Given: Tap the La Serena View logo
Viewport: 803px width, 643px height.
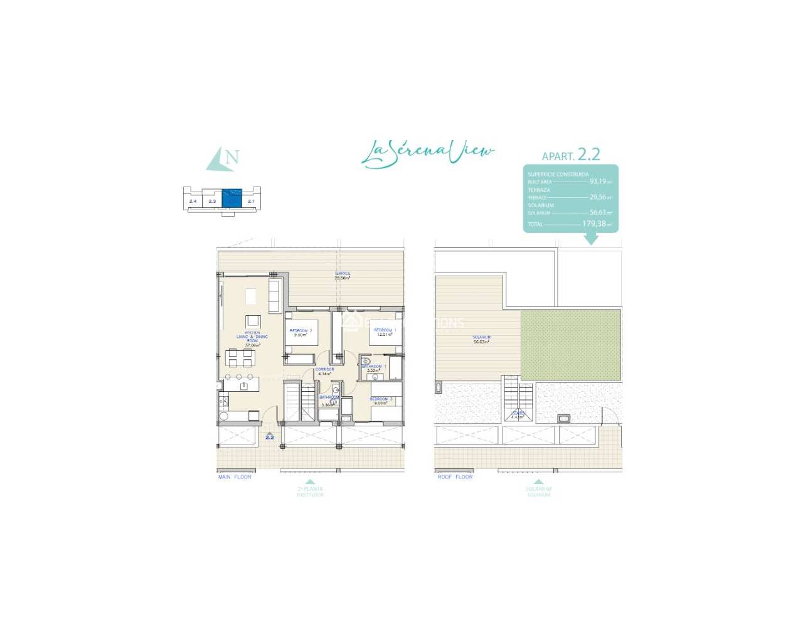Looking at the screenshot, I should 428,153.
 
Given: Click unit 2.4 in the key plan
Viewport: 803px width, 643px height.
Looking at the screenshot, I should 193,201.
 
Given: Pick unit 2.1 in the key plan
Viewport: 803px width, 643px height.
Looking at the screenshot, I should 251,201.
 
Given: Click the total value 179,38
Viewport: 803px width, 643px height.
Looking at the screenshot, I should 597,224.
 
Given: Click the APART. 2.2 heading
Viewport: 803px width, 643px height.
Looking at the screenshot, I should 571,155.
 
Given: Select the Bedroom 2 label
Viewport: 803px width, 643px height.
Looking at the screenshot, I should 300,332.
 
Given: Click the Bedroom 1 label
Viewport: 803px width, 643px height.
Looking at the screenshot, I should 385,332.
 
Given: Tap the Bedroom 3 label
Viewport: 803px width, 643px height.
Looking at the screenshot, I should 381,401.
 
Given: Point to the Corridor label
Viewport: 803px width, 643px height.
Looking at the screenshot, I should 324,371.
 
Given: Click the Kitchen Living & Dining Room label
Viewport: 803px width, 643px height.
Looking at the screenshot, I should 252,338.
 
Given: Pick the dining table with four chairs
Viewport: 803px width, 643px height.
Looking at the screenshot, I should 240,358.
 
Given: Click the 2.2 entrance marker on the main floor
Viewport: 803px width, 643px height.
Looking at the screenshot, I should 270,436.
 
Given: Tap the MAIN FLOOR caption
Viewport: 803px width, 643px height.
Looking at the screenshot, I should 235,477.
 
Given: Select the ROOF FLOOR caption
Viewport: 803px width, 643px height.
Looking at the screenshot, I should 455,477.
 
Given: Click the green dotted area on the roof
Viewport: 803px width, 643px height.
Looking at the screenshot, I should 570,345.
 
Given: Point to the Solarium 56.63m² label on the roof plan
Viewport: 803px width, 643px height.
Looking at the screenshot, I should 482,340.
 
